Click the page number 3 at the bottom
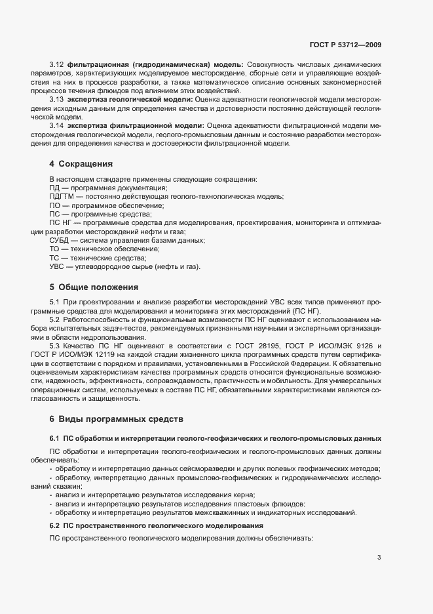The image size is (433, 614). (x=379, y=558)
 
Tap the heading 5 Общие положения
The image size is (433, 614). (x=93, y=287)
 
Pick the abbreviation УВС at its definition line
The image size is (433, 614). (x=58, y=267)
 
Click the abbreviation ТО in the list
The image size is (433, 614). (x=55, y=249)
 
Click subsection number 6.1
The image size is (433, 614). (x=55, y=438)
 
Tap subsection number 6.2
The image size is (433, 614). (x=55, y=525)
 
